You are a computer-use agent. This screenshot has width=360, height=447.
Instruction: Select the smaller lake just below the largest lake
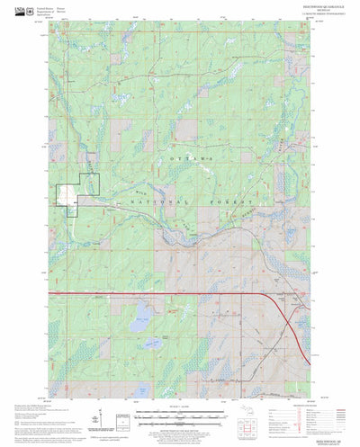pos(150,343)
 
